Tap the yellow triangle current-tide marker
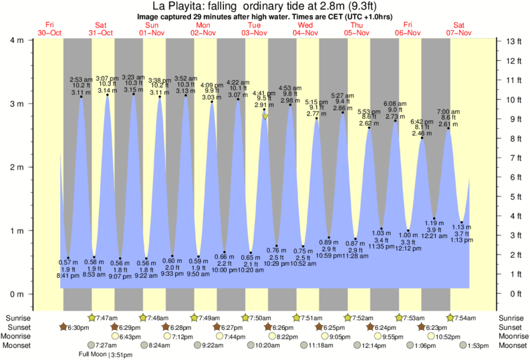(x=265, y=117)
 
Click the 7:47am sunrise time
(x=108, y=317)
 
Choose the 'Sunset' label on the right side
(x=511, y=327)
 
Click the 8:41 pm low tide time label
(x=64, y=276)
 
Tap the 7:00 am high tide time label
(x=448, y=111)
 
